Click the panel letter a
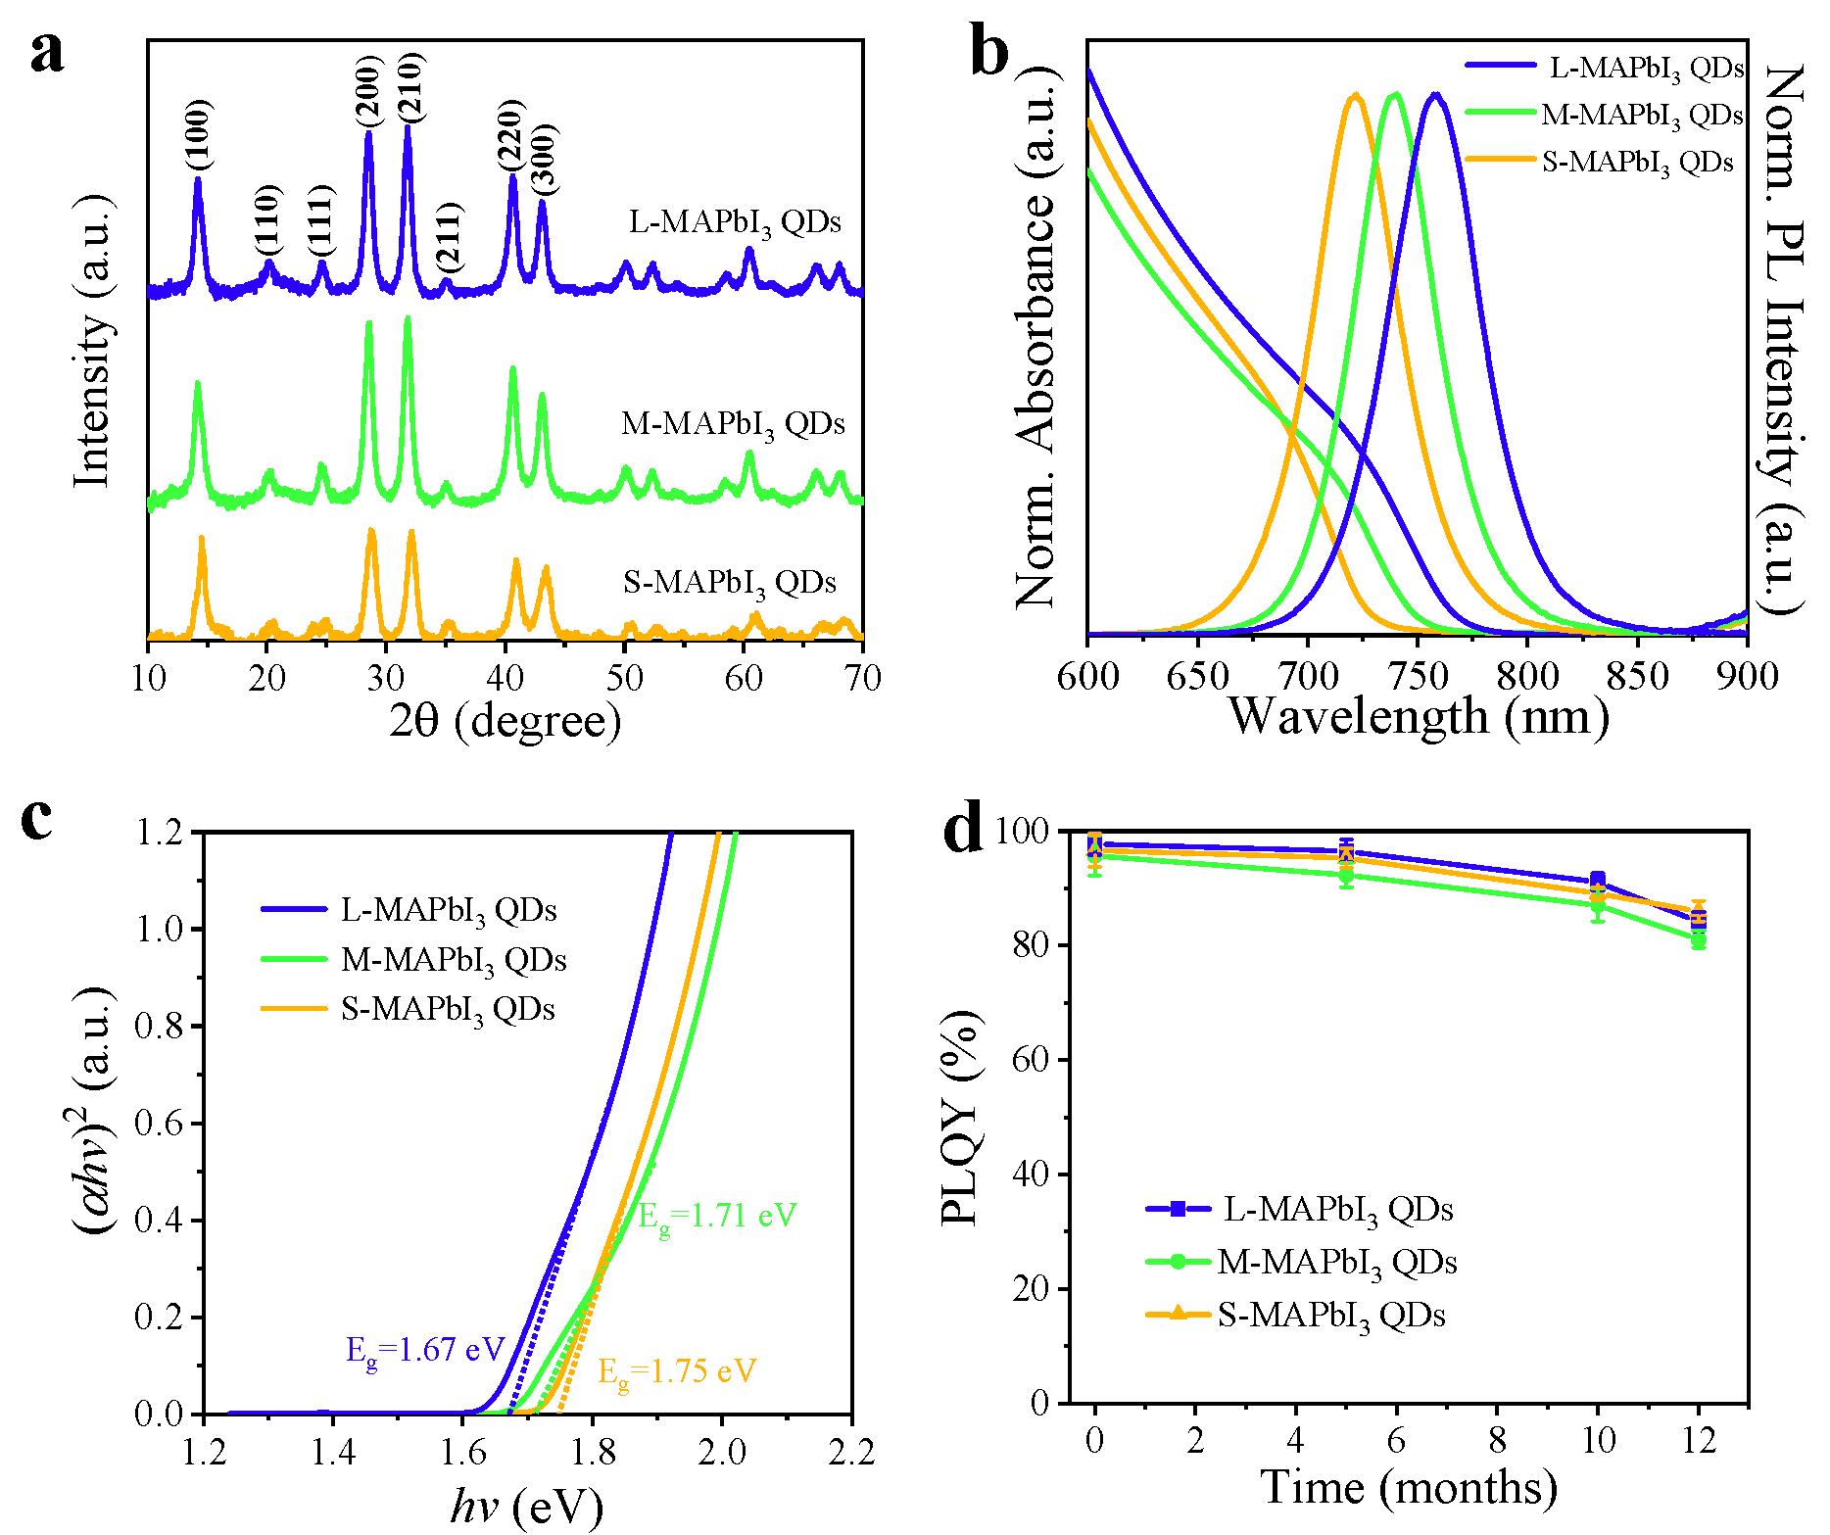(x=46, y=54)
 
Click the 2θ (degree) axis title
(x=505, y=721)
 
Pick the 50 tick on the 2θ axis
(x=624, y=678)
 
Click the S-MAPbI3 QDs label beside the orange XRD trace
(x=730, y=584)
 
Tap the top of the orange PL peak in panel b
(x=1356, y=95)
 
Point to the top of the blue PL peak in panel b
(x=1436, y=94)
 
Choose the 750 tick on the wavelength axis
(x=1418, y=676)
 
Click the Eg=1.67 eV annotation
(x=424, y=1351)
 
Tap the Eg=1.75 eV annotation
(x=677, y=1371)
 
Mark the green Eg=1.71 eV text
(x=717, y=1217)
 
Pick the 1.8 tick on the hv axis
(x=592, y=1453)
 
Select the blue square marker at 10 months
(x=1598, y=880)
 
